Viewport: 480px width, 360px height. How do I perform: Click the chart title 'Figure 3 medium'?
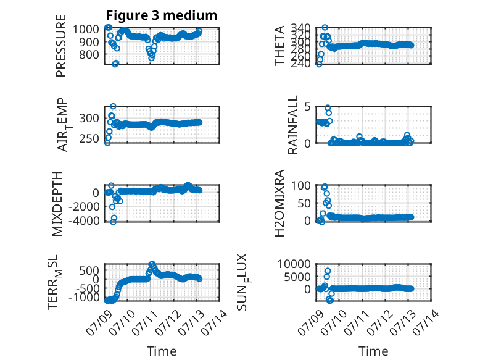(162, 15)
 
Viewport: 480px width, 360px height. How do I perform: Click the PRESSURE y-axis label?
(61, 46)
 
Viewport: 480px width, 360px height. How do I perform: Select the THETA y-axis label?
(279, 46)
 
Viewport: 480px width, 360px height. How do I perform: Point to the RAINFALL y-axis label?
(293, 125)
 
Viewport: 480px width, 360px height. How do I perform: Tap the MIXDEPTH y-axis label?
(57, 204)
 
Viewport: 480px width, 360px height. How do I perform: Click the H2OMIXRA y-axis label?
(279, 203)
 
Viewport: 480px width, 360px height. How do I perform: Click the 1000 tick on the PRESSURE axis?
(86, 30)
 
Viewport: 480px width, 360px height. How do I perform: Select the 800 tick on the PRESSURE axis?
(89, 55)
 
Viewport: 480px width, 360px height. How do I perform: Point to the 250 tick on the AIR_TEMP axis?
(89, 138)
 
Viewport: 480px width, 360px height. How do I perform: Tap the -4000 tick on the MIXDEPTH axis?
(84, 220)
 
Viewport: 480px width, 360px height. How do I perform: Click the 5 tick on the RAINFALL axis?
(307, 107)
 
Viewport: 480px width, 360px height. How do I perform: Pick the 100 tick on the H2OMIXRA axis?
(300, 185)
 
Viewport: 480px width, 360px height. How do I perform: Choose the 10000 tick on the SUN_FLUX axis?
(294, 264)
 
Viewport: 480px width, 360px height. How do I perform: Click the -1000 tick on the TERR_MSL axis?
(84, 297)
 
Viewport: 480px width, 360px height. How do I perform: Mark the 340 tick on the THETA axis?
(300, 28)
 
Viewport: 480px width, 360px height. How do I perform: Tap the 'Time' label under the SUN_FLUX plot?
(373, 351)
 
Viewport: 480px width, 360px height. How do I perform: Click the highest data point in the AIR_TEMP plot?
(113, 106)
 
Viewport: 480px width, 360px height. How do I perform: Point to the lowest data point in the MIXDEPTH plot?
(113, 222)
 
